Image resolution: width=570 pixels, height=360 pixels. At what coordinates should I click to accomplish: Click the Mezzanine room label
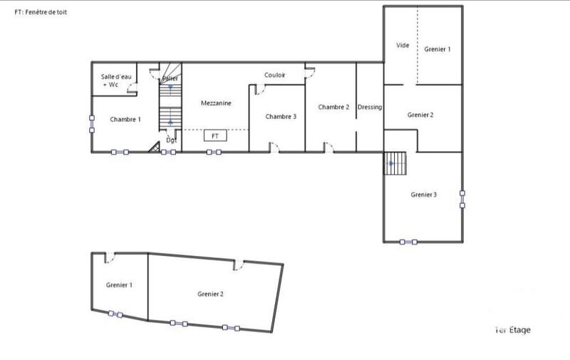215,103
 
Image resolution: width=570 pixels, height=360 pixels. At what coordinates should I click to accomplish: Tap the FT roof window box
214,135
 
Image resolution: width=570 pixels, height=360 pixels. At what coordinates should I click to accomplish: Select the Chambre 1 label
125,119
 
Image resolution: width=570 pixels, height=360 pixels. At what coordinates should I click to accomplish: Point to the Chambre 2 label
333,107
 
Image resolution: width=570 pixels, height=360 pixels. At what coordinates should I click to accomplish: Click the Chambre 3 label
281,116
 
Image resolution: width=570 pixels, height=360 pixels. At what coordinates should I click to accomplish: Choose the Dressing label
370,107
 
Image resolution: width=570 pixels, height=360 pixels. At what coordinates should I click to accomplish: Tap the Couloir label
275,75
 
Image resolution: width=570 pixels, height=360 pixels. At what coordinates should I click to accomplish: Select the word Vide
403,45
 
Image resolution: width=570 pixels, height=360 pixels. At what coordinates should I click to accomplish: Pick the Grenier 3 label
424,195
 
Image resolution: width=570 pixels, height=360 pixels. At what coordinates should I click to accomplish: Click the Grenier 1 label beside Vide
437,49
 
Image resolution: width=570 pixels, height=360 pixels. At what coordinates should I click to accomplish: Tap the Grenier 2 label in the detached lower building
211,294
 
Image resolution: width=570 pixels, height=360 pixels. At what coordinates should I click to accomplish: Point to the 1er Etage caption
512,330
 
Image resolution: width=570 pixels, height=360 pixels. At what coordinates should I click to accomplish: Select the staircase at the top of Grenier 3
395,164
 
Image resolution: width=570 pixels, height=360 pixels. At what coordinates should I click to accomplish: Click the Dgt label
171,140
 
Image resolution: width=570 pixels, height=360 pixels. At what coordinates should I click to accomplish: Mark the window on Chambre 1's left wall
91,123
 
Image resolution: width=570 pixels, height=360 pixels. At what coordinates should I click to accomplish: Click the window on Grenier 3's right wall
462,198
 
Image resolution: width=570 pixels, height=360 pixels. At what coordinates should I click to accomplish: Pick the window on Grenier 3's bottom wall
409,242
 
